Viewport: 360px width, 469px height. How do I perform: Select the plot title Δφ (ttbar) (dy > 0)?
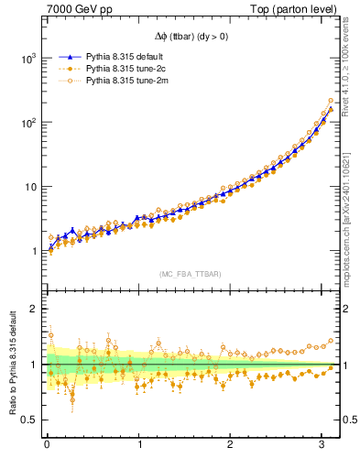pos(192,37)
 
